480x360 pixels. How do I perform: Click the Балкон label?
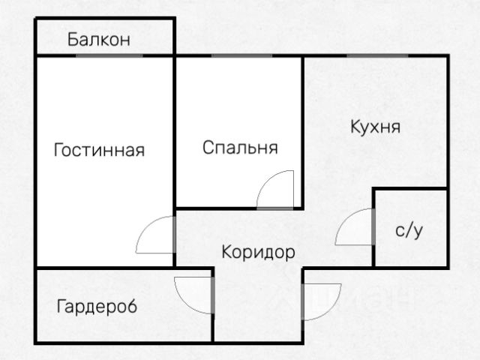(99, 40)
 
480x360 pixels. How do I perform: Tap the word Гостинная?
(99, 150)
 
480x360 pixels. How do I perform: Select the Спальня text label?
(240, 147)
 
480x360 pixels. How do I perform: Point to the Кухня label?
(375, 126)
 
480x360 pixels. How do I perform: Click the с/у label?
(409, 230)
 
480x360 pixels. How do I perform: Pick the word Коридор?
(258, 252)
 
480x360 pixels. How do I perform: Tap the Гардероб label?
(97, 306)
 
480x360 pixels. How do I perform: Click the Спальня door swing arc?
(274, 189)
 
